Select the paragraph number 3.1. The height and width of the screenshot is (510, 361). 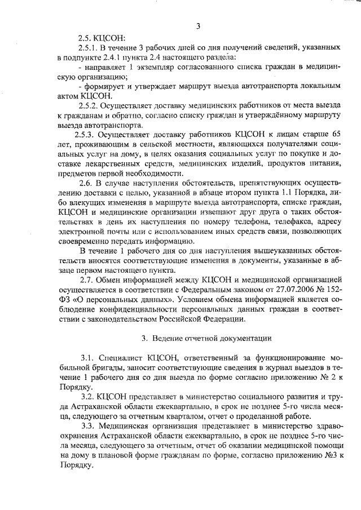tap(86, 358)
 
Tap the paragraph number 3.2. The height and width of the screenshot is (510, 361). tap(86, 397)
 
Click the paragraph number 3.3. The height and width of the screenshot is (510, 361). tap(86, 427)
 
